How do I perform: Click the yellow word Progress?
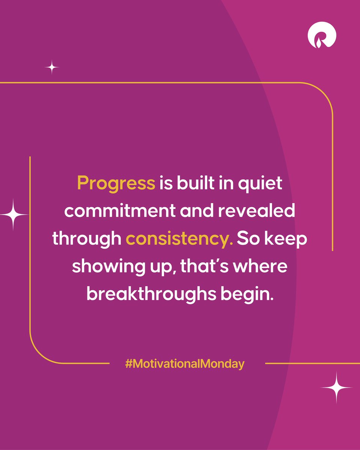click(x=116, y=183)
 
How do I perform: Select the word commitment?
click(x=113, y=211)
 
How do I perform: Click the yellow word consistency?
click(x=179, y=238)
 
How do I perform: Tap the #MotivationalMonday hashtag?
click(x=185, y=364)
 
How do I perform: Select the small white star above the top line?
click(x=52, y=68)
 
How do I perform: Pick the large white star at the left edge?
click(x=13, y=214)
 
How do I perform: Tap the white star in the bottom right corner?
click(x=336, y=387)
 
